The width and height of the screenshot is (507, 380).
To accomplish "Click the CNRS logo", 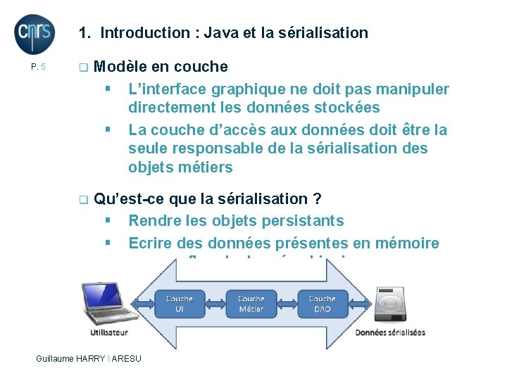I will tap(35, 34).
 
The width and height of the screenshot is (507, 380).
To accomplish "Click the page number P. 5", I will tap(39, 68).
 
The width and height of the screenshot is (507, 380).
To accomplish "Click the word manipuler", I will tap(415, 89).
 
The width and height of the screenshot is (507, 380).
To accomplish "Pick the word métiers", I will tap(208, 167).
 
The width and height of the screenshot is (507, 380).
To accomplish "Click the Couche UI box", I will tap(180, 303).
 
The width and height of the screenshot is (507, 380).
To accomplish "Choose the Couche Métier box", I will tap(251, 303).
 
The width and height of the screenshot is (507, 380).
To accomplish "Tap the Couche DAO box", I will tap(323, 303).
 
